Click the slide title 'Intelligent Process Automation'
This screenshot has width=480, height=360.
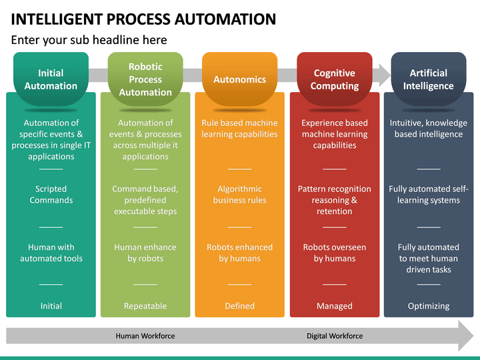coord(143,18)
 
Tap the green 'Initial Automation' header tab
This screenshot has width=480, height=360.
coord(51,79)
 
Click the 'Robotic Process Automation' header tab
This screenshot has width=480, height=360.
coord(145,79)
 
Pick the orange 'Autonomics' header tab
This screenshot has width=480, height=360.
coord(239,79)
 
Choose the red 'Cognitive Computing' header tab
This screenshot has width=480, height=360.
coord(334,79)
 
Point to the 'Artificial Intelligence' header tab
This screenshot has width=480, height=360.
coord(428,79)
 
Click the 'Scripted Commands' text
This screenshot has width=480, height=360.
coord(51,195)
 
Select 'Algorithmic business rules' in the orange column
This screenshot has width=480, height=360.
coord(239,195)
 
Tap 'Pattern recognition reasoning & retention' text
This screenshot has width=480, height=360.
coord(334,200)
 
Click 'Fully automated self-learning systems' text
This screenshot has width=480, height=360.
coord(428,195)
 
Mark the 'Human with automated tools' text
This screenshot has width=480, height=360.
coord(51,253)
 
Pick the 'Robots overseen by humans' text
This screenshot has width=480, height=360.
coord(334,253)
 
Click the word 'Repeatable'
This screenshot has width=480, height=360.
coord(145,306)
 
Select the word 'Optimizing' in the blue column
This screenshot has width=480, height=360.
coord(428,306)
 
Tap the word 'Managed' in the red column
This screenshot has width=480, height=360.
coord(334,306)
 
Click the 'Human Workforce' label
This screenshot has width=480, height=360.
coord(145,336)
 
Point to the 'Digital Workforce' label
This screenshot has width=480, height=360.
coord(335,336)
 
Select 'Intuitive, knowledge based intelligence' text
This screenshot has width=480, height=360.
coord(428,129)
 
